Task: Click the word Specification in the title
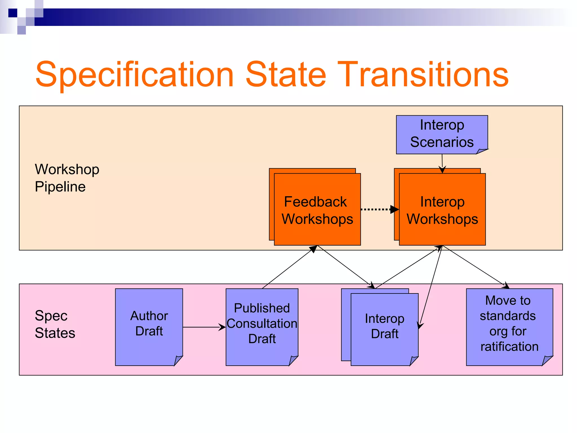pos(135,75)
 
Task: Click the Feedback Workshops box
pos(317,210)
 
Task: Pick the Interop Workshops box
pos(442,210)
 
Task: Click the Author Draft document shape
pos(149,324)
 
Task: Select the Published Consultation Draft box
pos(262,324)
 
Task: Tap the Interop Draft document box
pos(385,327)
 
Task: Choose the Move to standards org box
pos(509,324)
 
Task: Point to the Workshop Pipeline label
pos(67,178)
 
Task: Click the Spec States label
pos(55,324)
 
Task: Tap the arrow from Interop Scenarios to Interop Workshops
pos(442,163)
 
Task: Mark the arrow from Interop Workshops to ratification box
pos(476,267)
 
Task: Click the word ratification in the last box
pos(509,346)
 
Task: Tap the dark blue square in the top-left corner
pos(13,13)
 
